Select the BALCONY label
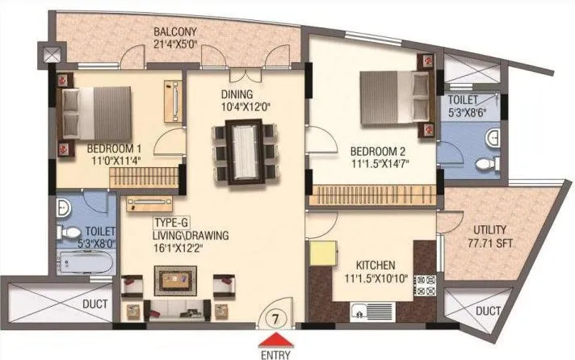tap(176, 32)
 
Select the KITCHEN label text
tap(376, 265)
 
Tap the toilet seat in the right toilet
tap(485, 164)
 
